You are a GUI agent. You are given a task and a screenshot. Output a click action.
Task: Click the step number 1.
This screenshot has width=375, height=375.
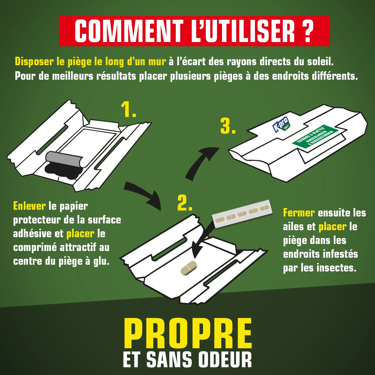coord(128,109)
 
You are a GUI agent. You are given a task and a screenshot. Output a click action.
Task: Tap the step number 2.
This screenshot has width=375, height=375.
coord(184,203)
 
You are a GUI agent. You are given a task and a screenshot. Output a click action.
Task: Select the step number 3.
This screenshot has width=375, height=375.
coord(227,126)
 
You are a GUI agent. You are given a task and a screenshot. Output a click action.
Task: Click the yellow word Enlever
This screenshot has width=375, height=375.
coord(29,206)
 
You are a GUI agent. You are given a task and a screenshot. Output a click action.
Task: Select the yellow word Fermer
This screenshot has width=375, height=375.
coord(299,213)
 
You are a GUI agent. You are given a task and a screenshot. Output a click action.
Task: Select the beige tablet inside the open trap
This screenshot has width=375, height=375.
coord(189,268)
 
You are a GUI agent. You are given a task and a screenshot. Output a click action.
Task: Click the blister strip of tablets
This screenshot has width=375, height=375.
coord(242,214)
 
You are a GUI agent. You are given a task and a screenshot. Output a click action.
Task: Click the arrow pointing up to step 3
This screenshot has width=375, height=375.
coord(200,162)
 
